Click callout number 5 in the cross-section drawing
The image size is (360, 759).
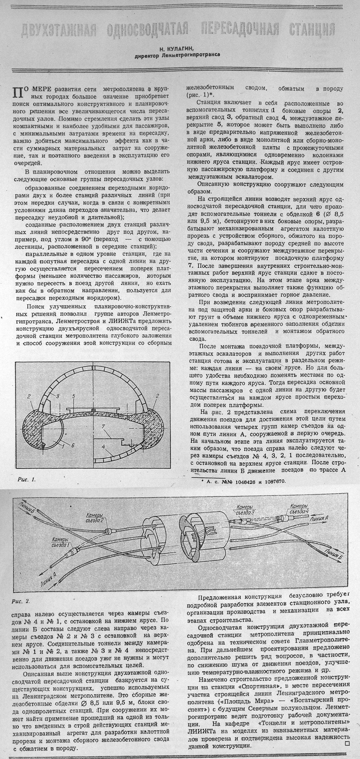[x=74, y=395]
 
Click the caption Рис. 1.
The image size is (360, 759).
[x=26, y=479]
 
